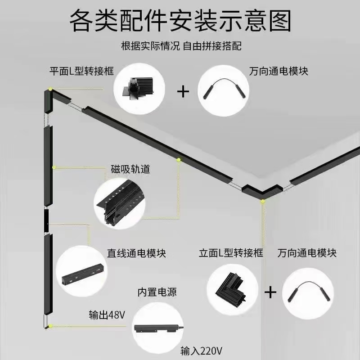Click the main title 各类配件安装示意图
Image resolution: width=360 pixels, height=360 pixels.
point(180,21)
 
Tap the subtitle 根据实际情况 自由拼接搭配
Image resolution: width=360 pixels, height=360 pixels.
point(181,46)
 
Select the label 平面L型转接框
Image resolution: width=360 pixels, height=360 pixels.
point(81,71)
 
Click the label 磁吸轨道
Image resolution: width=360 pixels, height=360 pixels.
point(130,170)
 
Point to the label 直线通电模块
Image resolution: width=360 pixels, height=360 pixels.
point(136,253)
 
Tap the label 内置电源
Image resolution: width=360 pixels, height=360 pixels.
point(157,292)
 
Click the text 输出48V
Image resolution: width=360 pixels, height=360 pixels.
point(107,315)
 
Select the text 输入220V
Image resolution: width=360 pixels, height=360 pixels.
point(201,351)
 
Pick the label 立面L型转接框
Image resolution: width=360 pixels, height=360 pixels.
point(231,253)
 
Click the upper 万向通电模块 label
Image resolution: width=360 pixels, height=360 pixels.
point(279,71)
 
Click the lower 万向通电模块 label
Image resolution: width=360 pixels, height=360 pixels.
point(307,253)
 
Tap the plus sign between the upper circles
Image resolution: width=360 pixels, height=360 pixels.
point(183,92)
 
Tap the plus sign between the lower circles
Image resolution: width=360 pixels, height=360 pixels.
point(270,292)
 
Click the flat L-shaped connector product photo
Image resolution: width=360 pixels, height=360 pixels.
point(139,89)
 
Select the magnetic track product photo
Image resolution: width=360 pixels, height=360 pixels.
point(120,203)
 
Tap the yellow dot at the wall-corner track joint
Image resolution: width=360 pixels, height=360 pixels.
point(263,201)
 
